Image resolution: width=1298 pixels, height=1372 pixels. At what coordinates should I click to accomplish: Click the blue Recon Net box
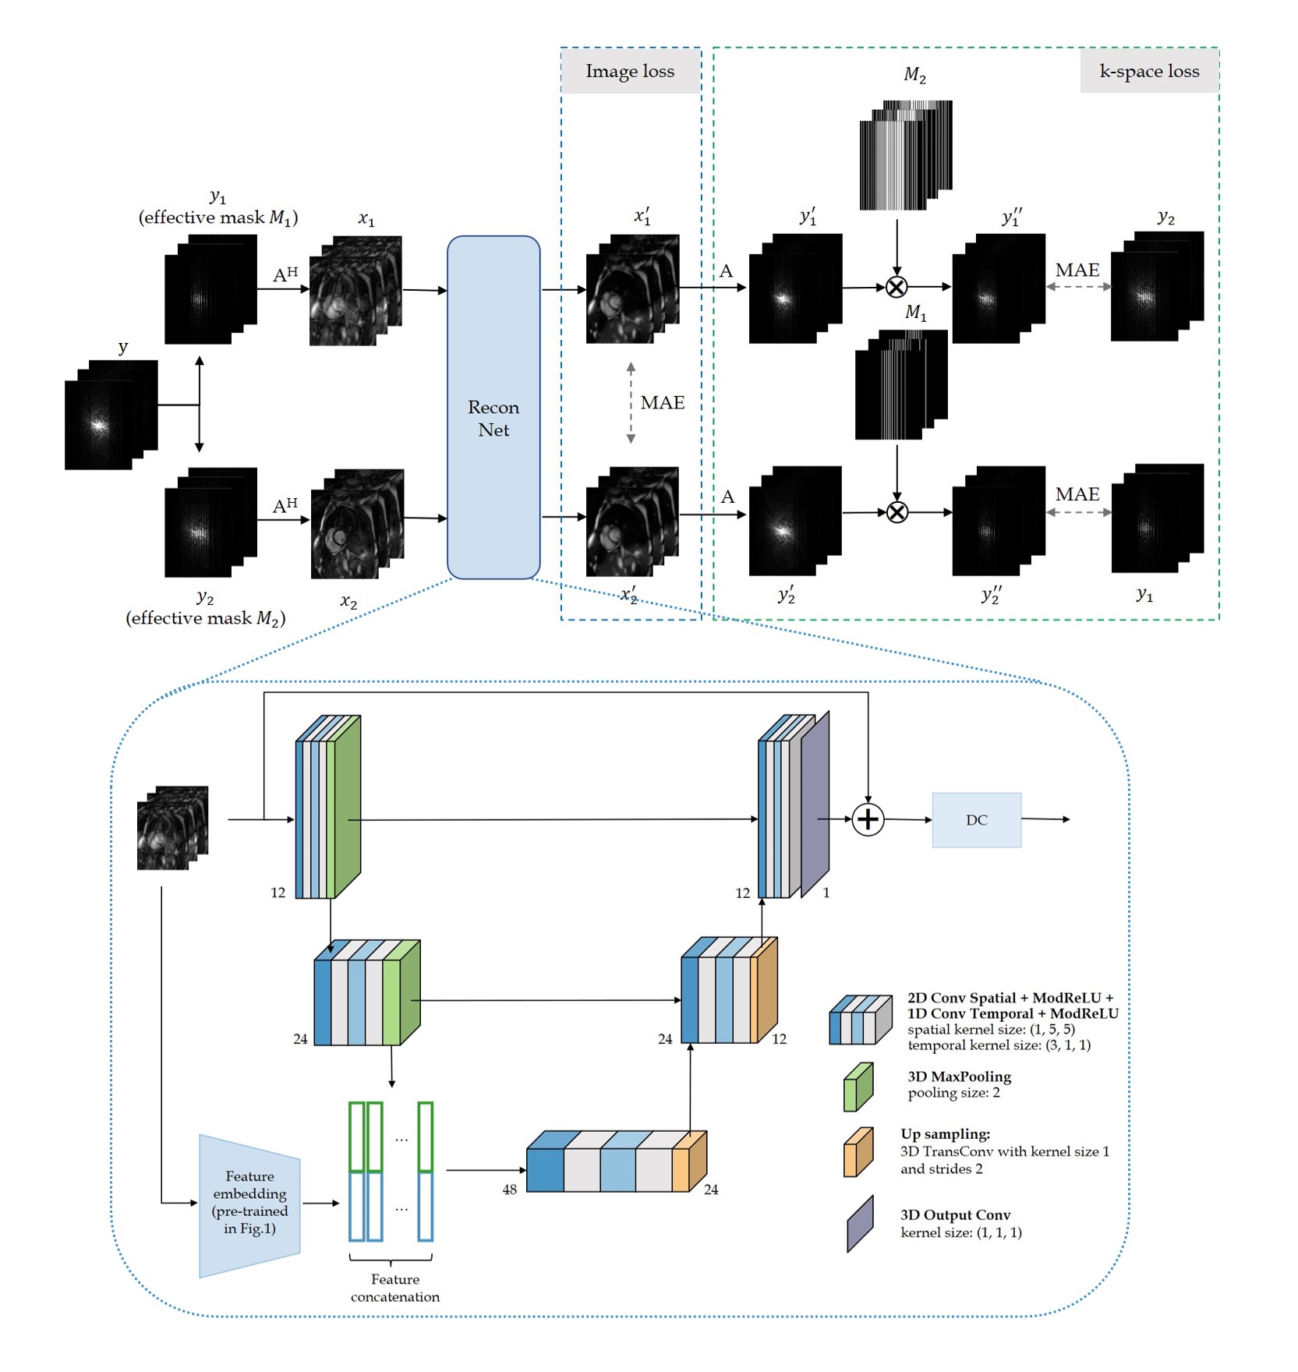coord(493,407)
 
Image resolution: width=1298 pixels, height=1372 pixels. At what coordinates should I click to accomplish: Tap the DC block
coord(976,819)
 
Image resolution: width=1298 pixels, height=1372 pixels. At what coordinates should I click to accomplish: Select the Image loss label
coord(630,72)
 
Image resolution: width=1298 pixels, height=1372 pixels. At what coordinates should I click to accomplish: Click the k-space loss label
coord(1149,72)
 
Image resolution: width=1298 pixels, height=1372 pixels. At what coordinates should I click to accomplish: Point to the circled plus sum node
coord(868,819)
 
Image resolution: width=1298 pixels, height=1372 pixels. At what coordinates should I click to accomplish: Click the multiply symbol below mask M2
coord(897,287)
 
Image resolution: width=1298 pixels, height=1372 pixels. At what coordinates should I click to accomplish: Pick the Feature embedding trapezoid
coord(249,1204)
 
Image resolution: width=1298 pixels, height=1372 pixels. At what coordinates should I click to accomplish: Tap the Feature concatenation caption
coord(394,1288)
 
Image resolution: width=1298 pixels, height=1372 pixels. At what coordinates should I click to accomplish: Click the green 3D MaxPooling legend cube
coord(858,1087)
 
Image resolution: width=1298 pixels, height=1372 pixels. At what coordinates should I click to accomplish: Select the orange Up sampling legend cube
coord(858,1152)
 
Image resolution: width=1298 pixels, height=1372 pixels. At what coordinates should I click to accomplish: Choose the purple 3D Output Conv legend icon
coord(860,1224)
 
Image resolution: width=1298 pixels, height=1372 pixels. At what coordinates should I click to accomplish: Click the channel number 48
coord(509,1190)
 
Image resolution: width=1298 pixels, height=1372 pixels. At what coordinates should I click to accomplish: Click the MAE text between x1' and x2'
coord(662,403)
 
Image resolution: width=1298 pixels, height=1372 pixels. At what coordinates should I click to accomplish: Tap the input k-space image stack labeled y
coord(111,415)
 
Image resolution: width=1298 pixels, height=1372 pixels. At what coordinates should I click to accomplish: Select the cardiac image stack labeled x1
coord(355,291)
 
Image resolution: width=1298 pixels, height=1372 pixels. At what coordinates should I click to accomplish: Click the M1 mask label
coord(915,313)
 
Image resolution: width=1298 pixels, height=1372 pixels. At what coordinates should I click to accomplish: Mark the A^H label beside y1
coord(285,274)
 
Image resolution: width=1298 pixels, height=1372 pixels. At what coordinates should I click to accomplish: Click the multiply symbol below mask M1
coord(897,512)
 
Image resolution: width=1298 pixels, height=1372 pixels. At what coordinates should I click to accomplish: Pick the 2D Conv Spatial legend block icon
coord(860,1020)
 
